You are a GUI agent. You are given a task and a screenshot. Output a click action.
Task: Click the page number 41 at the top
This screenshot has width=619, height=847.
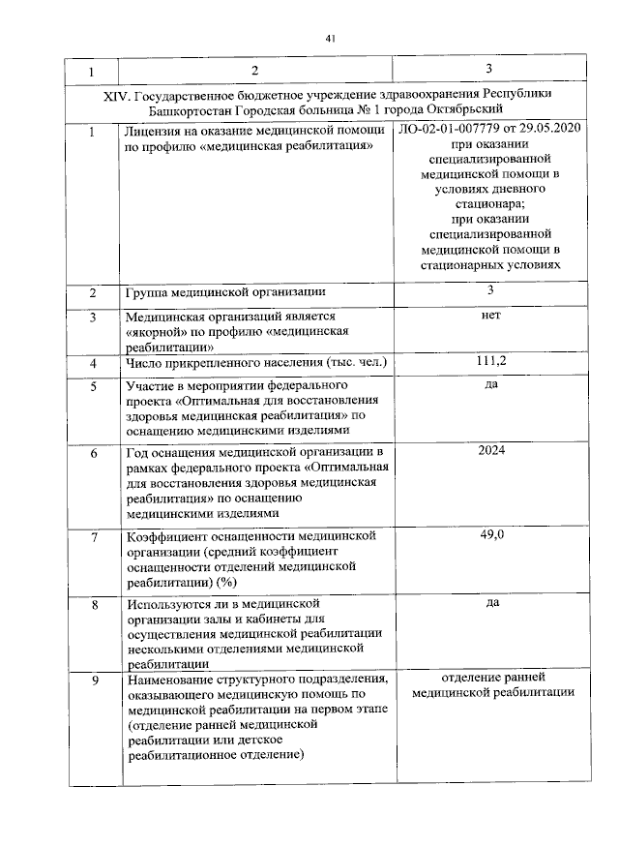coord(331,38)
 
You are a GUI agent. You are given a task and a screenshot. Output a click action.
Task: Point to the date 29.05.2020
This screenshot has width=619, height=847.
coord(549,129)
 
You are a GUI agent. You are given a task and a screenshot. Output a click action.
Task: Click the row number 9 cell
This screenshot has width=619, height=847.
coord(94,681)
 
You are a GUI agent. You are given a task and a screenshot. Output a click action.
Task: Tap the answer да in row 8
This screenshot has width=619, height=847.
coord(491,602)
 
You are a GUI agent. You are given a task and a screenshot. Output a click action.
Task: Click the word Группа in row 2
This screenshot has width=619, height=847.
coord(147,291)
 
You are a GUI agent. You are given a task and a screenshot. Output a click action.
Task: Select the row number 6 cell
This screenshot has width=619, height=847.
coord(94,453)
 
